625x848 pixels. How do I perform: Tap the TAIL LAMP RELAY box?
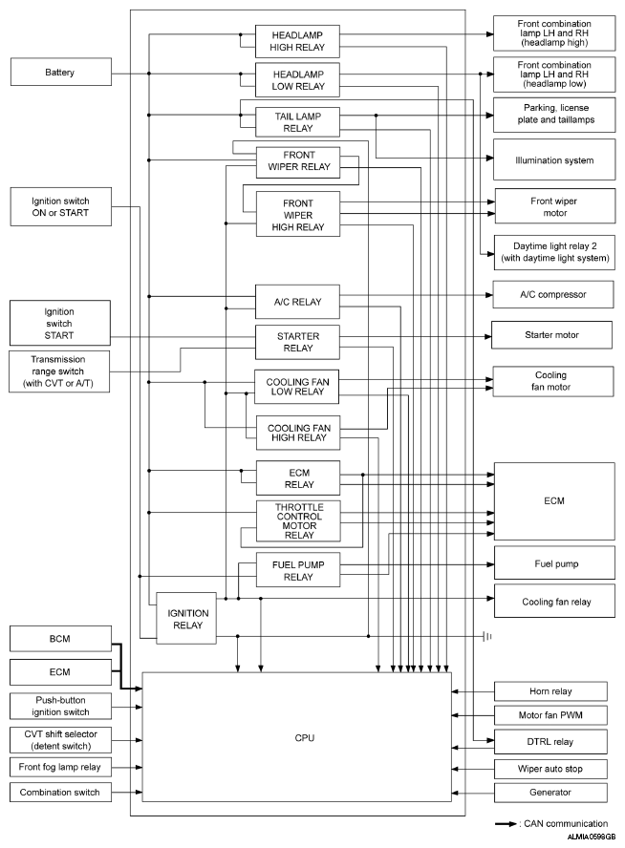pos(296,119)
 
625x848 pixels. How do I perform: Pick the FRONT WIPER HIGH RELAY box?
pos(297,215)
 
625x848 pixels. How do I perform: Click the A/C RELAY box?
pos(297,302)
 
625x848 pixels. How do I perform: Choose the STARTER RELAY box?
pos(296,342)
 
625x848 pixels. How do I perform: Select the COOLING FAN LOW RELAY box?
pos(296,386)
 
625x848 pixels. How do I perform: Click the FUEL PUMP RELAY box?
pos(296,571)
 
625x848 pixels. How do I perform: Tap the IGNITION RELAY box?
pos(186,617)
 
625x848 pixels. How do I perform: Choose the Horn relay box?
pos(550,690)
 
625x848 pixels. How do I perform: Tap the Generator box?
pos(550,793)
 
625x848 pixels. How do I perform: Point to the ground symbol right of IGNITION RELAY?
pos(487,635)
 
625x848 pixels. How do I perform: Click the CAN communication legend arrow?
pos(507,823)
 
